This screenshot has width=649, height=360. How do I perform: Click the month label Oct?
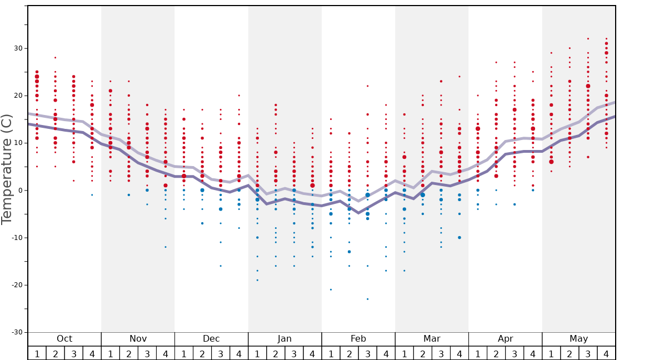(64, 339)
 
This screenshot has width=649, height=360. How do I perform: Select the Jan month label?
(284, 339)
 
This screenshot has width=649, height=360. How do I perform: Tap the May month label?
(578, 339)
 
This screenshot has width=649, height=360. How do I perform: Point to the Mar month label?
(432, 339)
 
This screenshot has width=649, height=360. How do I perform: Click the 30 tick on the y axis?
(18, 48)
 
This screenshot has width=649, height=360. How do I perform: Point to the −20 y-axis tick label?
(16, 285)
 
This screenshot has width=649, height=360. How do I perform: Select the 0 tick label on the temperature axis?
(20, 191)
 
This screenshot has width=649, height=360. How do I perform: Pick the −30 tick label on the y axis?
(16, 332)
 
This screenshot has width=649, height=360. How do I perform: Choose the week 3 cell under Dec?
(221, 353)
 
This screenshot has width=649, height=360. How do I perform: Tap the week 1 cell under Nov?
(111, 353)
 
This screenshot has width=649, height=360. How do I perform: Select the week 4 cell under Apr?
(533, 353)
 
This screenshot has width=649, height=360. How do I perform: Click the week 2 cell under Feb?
(349, 353)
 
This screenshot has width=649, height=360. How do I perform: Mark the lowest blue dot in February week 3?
(367, 299)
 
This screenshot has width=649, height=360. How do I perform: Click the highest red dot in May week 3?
(588, 39)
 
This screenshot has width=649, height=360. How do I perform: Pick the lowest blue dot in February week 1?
(331, 289)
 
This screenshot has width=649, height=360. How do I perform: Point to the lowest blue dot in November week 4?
(166, 247)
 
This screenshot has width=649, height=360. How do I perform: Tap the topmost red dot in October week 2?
(55, 58)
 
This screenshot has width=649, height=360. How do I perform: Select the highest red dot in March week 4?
(460, 77)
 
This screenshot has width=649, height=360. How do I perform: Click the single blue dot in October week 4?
(92, 195)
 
